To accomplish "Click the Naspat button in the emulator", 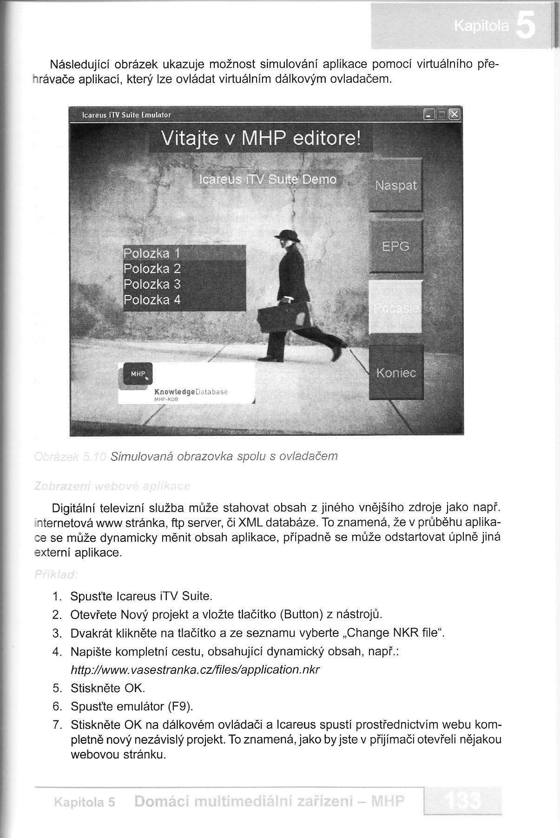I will pyautogui.click(x=395, y=185).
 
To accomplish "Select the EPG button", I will pyautogui.click(x=395, y=246).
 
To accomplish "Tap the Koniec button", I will pyautogui.click(x=396, y=372).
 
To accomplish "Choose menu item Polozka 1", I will pyautogui.click(x=152, y=253).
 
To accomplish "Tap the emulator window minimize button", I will pyautogui.click(x=429, y=114).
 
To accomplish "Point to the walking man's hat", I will pyautogui.click(x=288, y=235).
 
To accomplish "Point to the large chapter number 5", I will pyautogui.click(x=526, y=27).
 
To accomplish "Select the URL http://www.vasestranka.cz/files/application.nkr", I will pyautogui.click(x=195, y=670).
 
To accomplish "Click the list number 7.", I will pyautogui.click(x=57, y=725).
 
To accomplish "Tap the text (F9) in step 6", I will pyautogui.click(x=180, y=706).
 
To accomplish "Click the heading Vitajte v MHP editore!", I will pyautogui.click(x=260, y=139).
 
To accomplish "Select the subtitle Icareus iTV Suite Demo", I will pyautogui.click(x=267, y=180).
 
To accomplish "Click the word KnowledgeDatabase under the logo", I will pyautogui.click(x=191, y=392).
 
